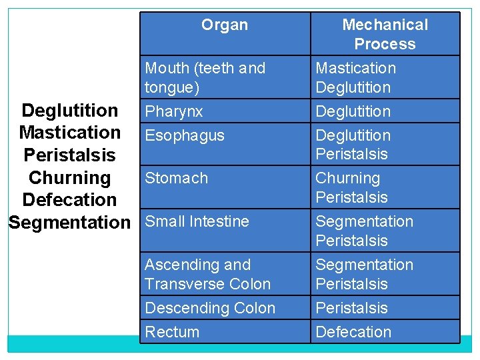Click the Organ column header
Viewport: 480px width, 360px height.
pyautogui.click(x=225, y=25)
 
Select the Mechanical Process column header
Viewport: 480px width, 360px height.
pyautogui.click(x=385, y=34)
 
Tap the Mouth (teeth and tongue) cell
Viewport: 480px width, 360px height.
pyautogui.click(x=205, y=77)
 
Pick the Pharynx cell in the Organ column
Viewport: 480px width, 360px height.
pyautogui.click(x=174, y=111)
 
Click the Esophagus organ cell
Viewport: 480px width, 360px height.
pyautogui.click(x=185, y=135)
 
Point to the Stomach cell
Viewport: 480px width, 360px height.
pyautogui.click(x=177, y=178)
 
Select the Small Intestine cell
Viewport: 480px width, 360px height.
pyautogui.click(x=197, y=221)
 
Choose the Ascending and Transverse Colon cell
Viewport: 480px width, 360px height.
pyautogui.click(x=208, y=274)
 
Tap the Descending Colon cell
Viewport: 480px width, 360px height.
pyautogui.click(x=210, y=308)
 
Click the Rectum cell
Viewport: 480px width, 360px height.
pyautogui.click(x=172, y=332)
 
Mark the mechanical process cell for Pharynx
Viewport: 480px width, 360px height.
pyautogui.click(x=353, y=111)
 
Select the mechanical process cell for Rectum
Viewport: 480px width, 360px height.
pyautogui.click(x=353, y=332)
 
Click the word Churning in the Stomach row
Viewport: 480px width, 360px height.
pyautogui.click(x=347, y=178)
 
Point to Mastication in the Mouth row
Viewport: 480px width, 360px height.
pyautogui.click(x=355, y=68)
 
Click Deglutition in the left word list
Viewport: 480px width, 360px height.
pyautogui.click(x=70, y=110)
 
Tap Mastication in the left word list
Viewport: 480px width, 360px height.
pyautogui.click(x=70, y=133)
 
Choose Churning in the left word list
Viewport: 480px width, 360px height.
pyautogui.click(x=69, y=177)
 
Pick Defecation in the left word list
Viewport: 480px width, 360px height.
pyautogui.click(x=69, y=199)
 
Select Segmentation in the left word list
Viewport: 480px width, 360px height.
pyautogui.click(x=69, y=222)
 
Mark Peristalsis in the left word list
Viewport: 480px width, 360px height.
pyautogui.click(x=69, y=155)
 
